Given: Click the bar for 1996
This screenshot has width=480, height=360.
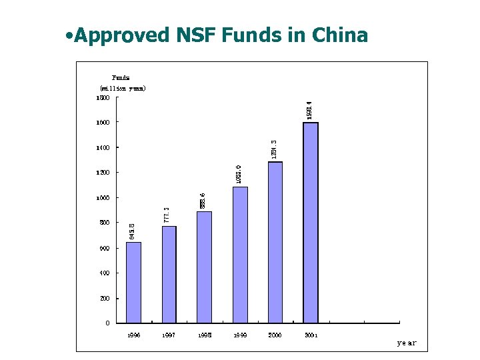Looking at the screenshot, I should pyautogui.click(x=133, y=283).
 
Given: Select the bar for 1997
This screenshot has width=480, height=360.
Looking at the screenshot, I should pyautogui.click(x=169, y=275).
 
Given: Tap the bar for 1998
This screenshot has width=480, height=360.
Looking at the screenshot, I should pyautogui.click(x=205, y=267).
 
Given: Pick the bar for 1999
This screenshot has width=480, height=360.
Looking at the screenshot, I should pyautogui.click(x=240, y=255).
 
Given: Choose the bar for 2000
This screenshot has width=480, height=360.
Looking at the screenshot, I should pyautogui.click(x=275, y=243).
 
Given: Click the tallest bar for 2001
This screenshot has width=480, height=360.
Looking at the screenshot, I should pyautogui.click(x=311, y=223).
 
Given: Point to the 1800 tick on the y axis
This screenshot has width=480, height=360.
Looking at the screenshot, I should pyautogui.click(x=103, y=97).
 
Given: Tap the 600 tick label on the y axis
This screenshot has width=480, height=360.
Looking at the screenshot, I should pyautogui.click(x=104, y=248).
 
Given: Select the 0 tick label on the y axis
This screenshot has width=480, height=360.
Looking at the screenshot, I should pyautogui.click(x=107, y=323).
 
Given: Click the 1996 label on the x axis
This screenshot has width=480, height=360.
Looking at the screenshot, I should pyautogui.click(x=133, y=335).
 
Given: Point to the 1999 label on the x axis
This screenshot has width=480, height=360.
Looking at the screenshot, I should pyautogui.click(x=240, y=335).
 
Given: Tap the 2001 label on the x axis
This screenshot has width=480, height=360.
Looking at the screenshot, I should pyautogui.click(x=311, y=335).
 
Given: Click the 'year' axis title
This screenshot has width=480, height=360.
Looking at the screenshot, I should pyautogui.click(x=406, y=343).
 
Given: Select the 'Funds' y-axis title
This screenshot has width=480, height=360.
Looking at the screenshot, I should pyautogui.click(x=121, y=77).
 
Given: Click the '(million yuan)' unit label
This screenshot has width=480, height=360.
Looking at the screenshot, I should pyautogui.click(x=123, y=88).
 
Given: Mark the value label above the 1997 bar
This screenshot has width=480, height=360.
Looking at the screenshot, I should pyautogui.click(x=167, y=215).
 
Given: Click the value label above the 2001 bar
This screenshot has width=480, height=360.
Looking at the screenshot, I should pyautogui.click(x=309, y=110).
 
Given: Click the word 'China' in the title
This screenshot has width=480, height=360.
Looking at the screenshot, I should pyautogui.click(x=339, y=35).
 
